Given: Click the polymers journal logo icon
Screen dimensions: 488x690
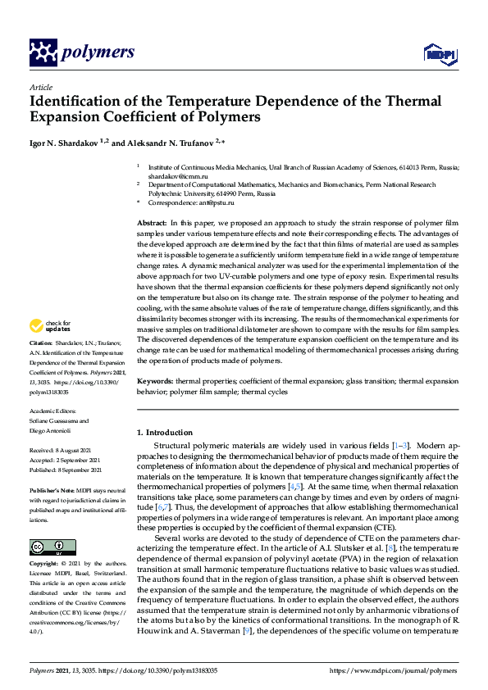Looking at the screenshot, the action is click(42, 52).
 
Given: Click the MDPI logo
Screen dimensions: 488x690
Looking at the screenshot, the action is click(439, 54).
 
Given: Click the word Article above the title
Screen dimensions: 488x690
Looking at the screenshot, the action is click(41, 87).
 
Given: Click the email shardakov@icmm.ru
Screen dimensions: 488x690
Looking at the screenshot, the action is click(171, 175).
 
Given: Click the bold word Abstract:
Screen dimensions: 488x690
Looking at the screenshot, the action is click(152, 223).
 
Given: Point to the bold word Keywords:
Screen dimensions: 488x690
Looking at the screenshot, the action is click(154, 383).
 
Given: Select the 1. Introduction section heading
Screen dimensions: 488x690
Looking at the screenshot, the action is click(165, 433).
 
